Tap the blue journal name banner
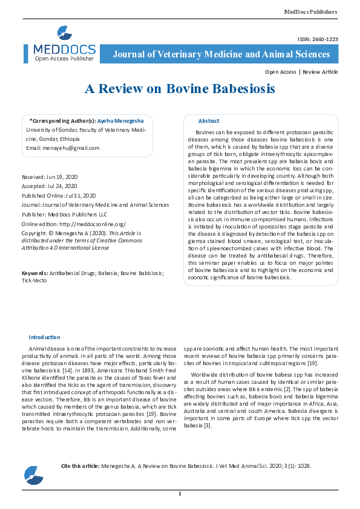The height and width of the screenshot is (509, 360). click(x=221, y=54)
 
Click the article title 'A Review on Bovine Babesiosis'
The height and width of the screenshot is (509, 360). click(x=180, y=89)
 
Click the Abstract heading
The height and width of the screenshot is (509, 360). click(x=209, y=121)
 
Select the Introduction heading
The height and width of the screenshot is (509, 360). click(x=45, y=337)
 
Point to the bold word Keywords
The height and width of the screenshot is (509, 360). click(x=34, y=273)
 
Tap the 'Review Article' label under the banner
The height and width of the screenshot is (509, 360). click(x=320, y=72)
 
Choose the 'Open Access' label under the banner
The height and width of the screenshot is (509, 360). click(x=281, y=72)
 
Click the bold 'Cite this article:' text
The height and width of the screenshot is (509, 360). click(x=80, y=467)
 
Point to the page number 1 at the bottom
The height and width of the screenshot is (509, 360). click(x=180, y=494)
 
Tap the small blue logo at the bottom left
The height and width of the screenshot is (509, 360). click(x=33, y=475)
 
